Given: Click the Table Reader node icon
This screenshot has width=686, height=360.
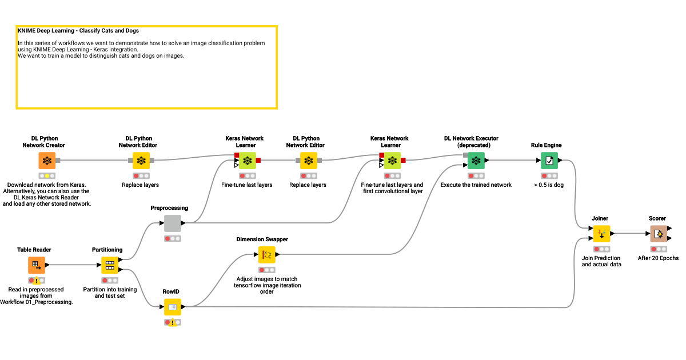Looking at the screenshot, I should click(37, 265).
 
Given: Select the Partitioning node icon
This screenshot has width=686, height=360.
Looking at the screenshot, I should click(110, 265).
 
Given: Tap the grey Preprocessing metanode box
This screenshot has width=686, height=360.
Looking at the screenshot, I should click(173, 223).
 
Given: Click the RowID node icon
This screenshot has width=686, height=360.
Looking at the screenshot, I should click(173, 307).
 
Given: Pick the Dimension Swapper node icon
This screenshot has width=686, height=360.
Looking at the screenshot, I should click(266, 255).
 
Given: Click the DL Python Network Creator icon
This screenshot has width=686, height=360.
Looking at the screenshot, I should click(47, 161).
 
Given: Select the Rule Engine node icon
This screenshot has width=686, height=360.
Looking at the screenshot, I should click(549, 161).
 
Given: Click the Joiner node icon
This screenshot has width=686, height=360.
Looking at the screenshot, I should click(601, 234).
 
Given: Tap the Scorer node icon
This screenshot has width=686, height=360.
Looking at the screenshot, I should click(659, 234).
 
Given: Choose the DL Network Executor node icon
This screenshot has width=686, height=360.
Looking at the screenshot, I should click(476, 161).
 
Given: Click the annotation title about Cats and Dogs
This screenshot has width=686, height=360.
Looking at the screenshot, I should click(78, 31).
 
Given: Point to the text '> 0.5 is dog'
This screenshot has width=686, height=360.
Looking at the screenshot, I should click(549, 185).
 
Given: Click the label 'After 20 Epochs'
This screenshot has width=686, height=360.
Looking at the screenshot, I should click(658, 258).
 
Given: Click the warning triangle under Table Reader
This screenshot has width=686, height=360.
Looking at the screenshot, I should click(37, 281).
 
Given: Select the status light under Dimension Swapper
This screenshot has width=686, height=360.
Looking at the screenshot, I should click(266, 270).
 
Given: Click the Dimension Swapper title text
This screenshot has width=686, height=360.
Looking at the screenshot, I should click(262, 239).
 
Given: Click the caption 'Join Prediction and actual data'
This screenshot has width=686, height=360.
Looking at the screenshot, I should click(601, 261).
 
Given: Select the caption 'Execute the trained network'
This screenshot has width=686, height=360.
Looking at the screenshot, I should click(476, 185).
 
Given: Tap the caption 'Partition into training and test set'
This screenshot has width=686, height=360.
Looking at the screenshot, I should click(110, 293).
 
